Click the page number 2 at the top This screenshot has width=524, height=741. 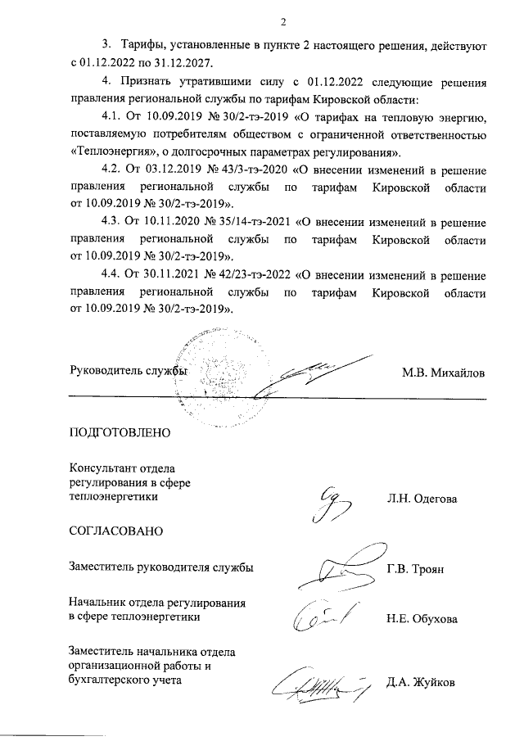pyautogui.click(x=282, y=21)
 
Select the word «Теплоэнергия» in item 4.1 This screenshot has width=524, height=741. pyautogui.click(x=107, y=153)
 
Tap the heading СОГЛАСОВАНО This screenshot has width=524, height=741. pyautogui.click(x=116, y=531)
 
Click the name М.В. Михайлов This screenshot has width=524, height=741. pyautogui.click(x=443, y=373)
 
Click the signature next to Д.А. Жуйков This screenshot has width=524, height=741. pyautogui.click(x=319, y=682)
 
